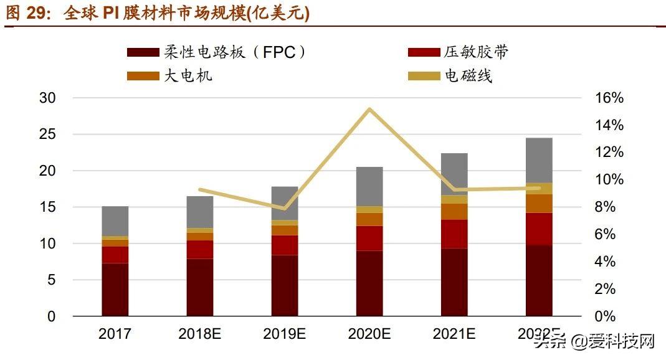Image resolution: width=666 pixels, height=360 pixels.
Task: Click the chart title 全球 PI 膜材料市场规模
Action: click(187, 14)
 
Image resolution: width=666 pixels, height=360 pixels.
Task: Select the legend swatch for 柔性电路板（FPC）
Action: click(143, 52)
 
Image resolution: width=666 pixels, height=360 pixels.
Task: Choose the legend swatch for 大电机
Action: click(143, 76)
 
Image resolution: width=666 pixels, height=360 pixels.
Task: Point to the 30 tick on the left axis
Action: click(47, 98)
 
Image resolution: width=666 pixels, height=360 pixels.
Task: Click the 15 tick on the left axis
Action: click(47, 207)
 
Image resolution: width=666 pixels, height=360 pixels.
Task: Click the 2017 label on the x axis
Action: click(115, 334)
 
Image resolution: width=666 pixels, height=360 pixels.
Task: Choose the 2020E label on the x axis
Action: click(369, 334)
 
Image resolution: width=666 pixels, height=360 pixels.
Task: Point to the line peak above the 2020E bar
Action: click(369, 110)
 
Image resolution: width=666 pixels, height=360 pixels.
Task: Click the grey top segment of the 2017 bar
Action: click(115, 221)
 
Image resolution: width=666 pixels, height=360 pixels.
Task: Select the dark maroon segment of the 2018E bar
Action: click(200, 287)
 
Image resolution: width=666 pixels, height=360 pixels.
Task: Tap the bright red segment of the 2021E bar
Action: click(454, 234)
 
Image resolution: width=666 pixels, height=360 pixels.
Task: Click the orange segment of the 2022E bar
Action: click(539, 204)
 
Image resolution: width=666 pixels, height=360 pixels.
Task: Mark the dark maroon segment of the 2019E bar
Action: click(285, 285)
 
